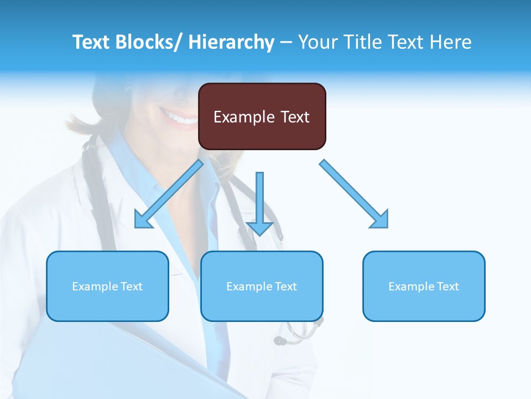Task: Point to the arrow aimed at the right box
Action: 354,194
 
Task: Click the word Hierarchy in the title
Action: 231,42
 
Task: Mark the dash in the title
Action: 286,42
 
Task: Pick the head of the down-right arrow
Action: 379,219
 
